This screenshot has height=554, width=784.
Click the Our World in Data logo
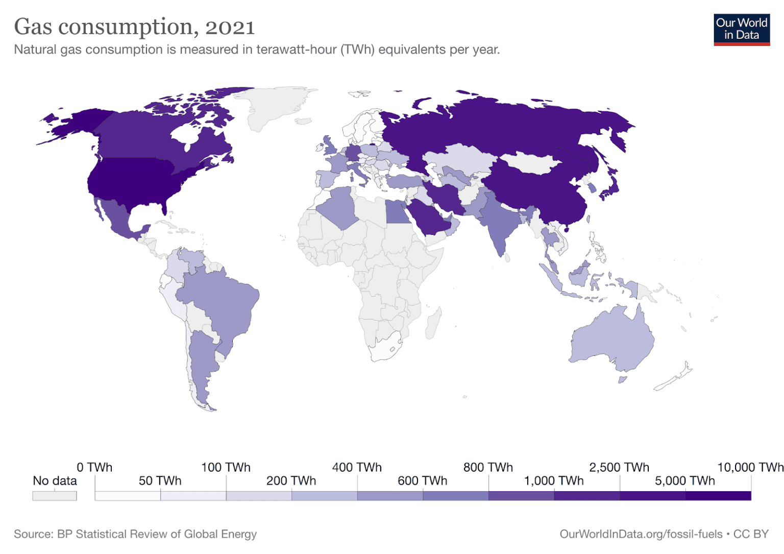pos(741,30)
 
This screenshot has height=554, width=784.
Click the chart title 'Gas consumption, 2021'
pos(134,27)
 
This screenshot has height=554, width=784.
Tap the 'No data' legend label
pos(55,480)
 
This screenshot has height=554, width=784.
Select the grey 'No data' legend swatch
pos(55,496)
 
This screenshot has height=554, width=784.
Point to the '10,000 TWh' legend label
pos(750,467)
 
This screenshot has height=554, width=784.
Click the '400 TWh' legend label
pos(357,467)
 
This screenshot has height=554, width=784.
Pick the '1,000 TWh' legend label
pos(554,480)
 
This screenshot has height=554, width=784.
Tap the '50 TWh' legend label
pos(160,480)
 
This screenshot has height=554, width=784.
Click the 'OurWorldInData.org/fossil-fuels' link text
pos(641,534)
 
